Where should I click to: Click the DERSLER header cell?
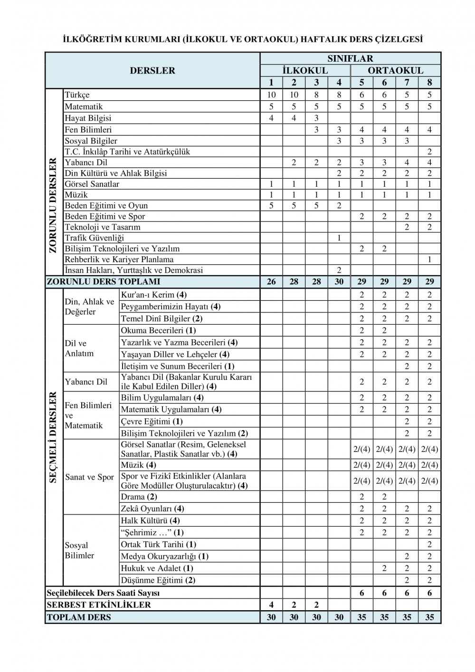(152, 70)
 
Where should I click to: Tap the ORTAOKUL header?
(395, 70)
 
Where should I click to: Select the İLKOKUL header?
(305, 70)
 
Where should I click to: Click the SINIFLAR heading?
(350, 58)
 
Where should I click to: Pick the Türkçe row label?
(77, 95)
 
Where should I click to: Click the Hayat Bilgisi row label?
(88, 118)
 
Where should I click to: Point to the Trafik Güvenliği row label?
(94, 238)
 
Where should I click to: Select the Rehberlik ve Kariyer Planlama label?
(119, 259)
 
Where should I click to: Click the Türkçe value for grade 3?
(316, 95)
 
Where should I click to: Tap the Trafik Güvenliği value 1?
(339, 238)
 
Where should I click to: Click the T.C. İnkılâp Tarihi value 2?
(429, 152)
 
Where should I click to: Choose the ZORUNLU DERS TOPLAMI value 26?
(271, 282)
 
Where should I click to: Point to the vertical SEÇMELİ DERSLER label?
(54, 437)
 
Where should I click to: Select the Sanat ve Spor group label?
(89, 477)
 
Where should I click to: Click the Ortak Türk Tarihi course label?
(158, 545)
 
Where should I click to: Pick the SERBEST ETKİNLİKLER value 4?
(271, 605)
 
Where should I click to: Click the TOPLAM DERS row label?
(78, 617)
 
